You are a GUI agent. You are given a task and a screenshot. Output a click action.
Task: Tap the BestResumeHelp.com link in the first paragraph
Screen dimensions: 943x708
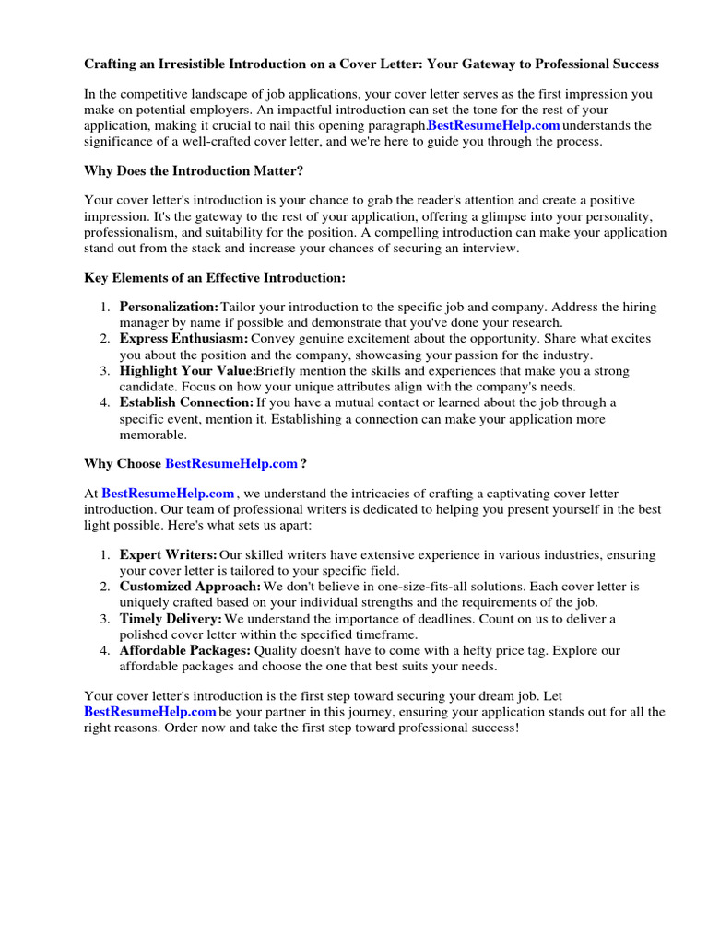pos(493,125)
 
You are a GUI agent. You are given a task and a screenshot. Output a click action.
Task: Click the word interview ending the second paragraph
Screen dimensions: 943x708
pos(489,249)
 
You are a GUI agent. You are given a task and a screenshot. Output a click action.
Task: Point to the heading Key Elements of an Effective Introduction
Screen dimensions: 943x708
pos(215,277)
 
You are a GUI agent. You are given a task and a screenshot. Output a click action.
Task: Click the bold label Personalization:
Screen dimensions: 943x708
pos(169,307)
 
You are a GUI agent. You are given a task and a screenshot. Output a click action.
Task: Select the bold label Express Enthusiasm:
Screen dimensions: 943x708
pos(183,339)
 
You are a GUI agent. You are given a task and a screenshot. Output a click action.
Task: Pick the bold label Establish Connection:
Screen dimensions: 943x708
pos(186,402)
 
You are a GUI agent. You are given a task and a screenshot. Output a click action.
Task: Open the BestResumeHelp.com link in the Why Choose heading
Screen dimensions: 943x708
pos(231,463)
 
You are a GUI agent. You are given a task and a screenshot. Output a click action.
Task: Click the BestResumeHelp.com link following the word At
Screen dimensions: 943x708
pos(168,495)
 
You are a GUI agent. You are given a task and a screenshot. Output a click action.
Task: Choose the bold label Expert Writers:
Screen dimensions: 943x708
pos(168,555)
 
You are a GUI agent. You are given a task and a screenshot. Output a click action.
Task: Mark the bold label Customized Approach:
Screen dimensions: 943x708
pos(190,587)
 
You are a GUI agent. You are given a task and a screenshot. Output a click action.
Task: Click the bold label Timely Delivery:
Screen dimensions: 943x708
pos(171,619)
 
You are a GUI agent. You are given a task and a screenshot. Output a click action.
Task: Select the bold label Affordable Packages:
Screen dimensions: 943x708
pos(185,650)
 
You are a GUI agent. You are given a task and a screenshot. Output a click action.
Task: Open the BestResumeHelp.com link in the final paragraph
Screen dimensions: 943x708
pos(150,712)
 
